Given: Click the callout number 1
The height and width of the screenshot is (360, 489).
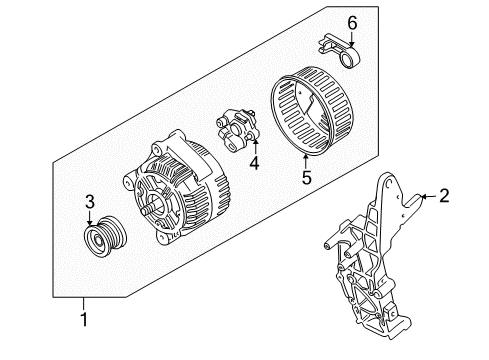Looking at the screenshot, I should pos(85,319).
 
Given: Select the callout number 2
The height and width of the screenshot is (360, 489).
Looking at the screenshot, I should pos(445,197).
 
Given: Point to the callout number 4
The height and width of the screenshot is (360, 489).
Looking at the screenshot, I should pos(254,162).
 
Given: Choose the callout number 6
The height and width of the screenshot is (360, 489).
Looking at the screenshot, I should pos(351,22).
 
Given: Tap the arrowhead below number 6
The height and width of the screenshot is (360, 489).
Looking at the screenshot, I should pos(351,40).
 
